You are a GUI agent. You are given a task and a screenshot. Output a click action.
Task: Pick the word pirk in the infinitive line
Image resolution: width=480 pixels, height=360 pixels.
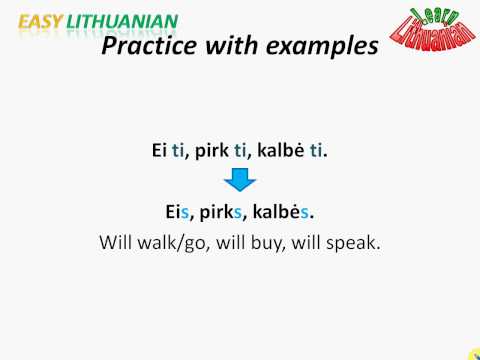(x=215, y=153)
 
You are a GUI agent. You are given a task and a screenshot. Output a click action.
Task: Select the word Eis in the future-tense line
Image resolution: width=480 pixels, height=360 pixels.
(x=178, y=212)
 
